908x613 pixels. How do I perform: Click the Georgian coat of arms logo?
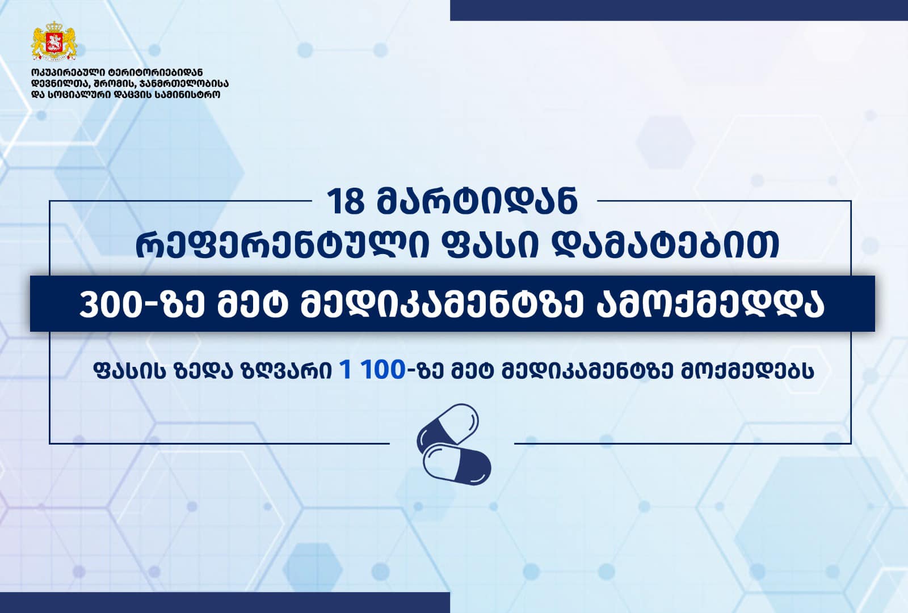tap(54, 41)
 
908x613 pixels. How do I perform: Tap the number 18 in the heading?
tap(345, 202)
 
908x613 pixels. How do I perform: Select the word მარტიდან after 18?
tap(477, 202)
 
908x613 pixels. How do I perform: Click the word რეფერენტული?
tap(281, 245)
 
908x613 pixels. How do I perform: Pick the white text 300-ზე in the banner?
tap(141, 305)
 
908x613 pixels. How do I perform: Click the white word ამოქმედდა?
tap(710, 305)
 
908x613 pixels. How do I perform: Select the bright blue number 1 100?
tap(373, 370)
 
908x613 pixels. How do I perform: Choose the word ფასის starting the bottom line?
tap(129, 370)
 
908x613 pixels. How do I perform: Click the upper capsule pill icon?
tap(448, 429)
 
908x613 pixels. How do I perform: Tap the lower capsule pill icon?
tap(457, 464)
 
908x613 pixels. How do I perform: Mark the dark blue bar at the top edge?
tap(679, 10)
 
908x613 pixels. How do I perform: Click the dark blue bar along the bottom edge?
tap(225, 603)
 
